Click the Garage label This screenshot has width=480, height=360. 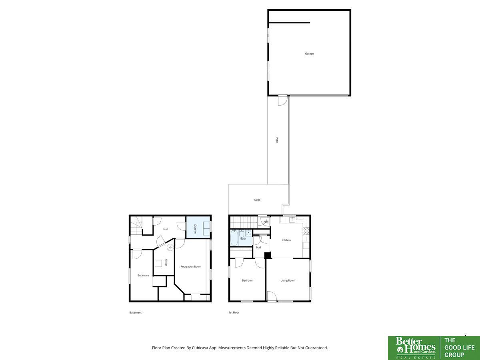coord(309,54)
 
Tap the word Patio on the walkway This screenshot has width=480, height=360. coord(277,140)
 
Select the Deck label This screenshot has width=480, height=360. coord(257,200)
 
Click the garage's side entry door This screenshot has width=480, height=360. coord(283,100)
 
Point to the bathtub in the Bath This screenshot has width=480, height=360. coord(234,238)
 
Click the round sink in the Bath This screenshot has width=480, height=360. coord(248,232)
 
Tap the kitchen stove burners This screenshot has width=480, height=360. coord(306,231)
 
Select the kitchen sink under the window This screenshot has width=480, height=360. coord(292,220)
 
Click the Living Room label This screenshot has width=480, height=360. coord(288,280)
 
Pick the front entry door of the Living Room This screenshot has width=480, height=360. coord(272,297)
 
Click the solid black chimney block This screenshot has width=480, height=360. coord(267,255)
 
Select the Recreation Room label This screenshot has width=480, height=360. coord(191,266)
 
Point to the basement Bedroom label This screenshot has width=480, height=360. coord(143,275)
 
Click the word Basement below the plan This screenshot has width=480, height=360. coord(136,312)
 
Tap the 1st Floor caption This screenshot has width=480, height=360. coord(234,312)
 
